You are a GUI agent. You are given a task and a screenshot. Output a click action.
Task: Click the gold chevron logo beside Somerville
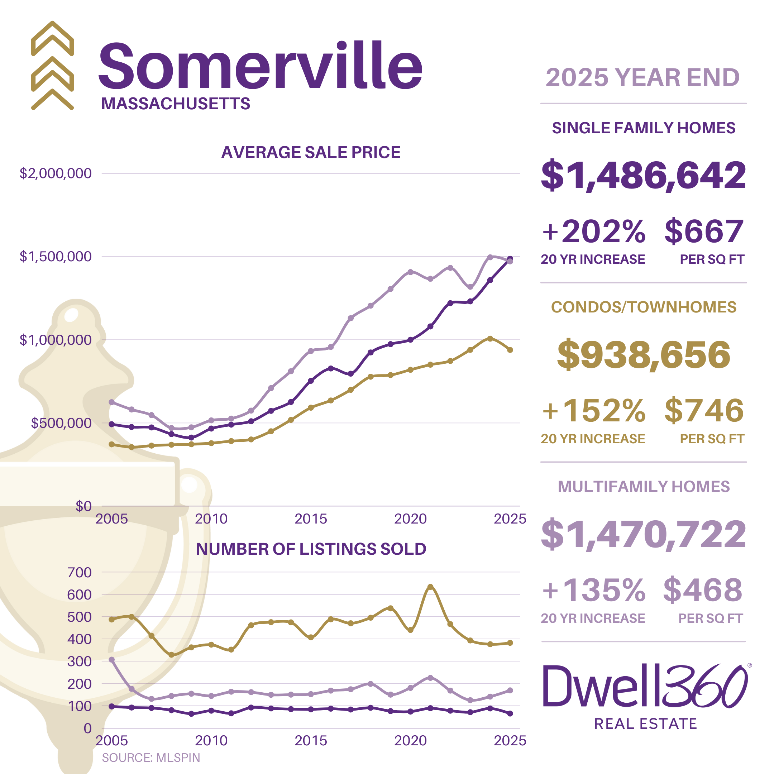coord(52,66)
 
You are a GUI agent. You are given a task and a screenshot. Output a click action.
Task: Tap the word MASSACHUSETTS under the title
coord(176,104)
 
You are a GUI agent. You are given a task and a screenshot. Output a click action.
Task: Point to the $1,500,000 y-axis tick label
coord(56,257)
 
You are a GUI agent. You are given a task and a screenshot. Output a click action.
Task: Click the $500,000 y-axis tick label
coord(61,423)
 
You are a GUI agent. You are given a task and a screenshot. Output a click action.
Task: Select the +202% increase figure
coord(593,231)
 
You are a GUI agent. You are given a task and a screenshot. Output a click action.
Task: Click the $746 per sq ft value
coord(704,411)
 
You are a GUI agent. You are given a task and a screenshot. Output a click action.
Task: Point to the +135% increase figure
coord(593,590)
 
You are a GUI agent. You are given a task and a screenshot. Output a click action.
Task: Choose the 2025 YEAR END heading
coord(642,77)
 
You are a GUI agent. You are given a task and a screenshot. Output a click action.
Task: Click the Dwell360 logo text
coord(645,686)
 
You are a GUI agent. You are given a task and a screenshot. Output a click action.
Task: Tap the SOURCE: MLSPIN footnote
coord(150,758)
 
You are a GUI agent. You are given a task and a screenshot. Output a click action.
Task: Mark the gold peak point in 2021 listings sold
coord(430,587)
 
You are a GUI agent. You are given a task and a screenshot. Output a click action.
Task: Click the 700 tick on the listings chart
coord(79,573)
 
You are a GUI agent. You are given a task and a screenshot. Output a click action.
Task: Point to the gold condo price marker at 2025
coord(510,350)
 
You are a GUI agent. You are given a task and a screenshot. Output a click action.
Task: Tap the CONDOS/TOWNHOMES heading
coord(644,307)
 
